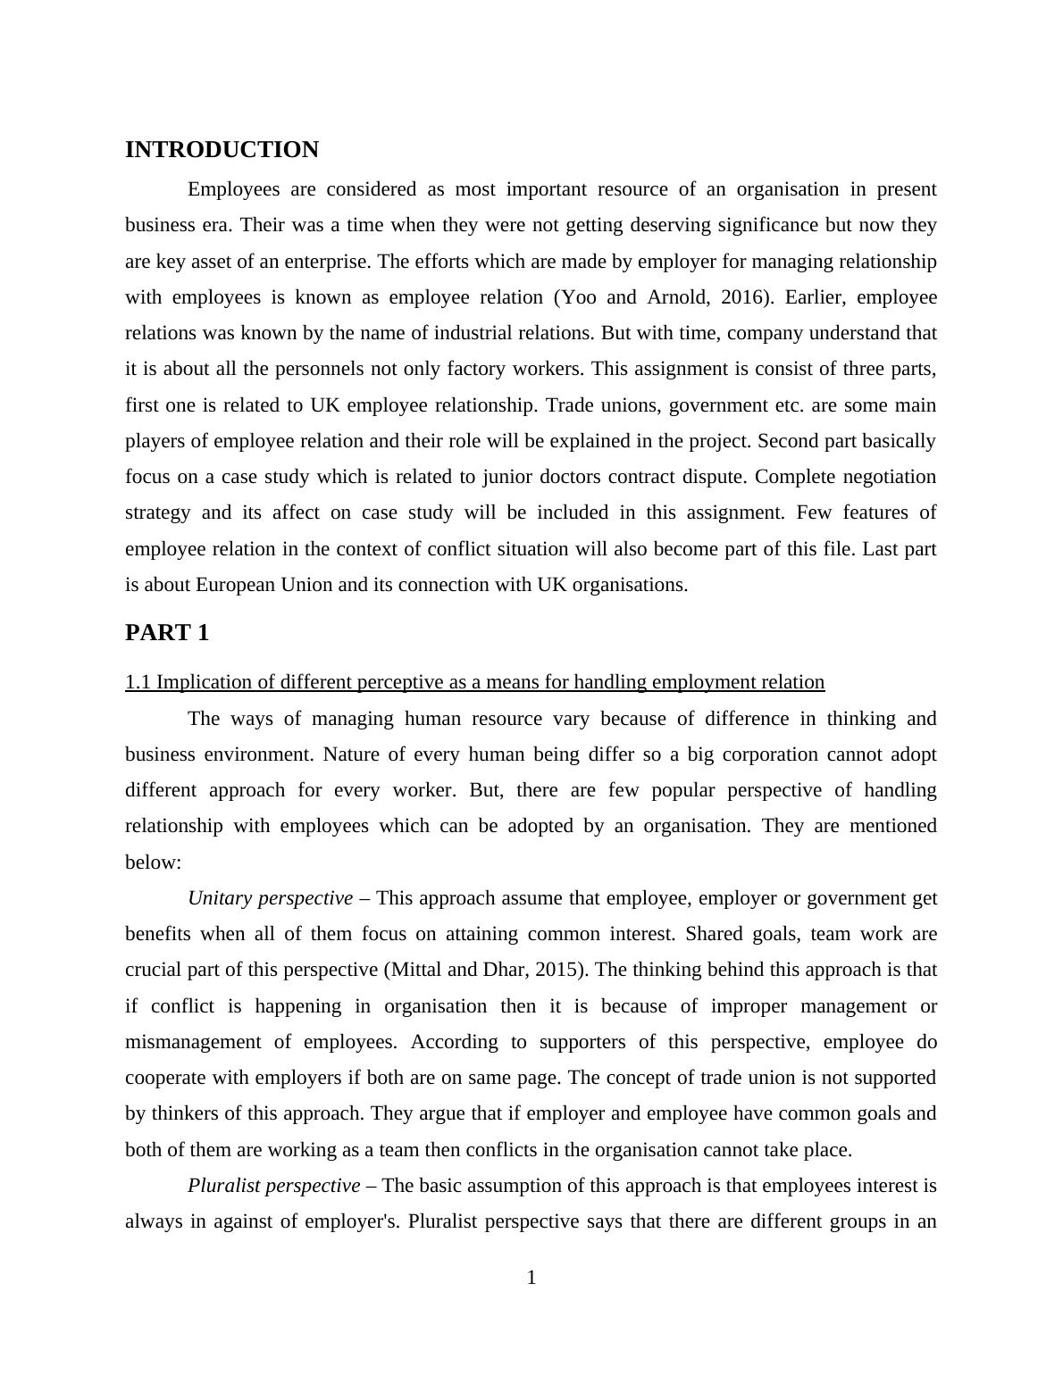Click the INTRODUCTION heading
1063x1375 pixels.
click(222, 150)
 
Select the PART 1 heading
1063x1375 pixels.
click(167, 633)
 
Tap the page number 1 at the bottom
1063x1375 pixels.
click(531, 1278)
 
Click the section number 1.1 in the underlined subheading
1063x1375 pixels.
click(138, 682)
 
